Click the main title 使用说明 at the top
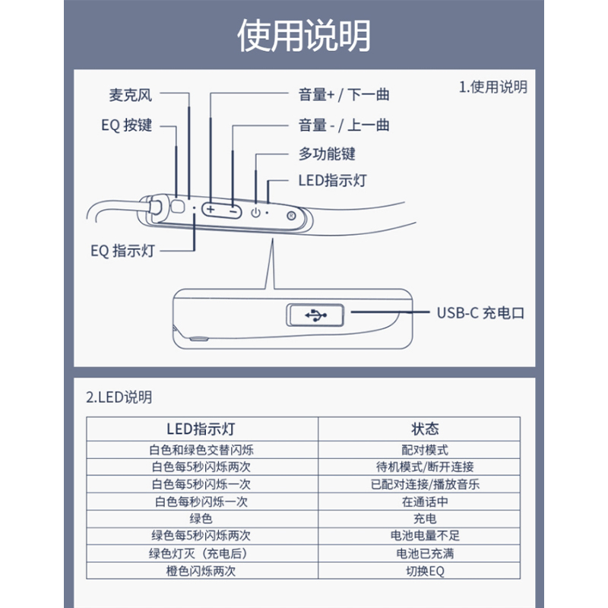[304, 36]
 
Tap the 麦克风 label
[131, 95]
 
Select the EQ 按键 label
[126, 125]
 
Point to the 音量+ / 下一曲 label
[344, 95]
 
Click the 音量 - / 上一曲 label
[344, 125]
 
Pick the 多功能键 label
[327, 154]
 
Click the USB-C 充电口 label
[480, 312]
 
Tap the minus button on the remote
[233, 209]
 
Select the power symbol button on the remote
[255, 212]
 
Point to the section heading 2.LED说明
[119, 397]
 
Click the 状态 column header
[425, 429]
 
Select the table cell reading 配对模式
[425, 450]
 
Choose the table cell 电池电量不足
[425, 536]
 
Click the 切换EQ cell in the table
[425, 571]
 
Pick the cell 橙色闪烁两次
[201, 571]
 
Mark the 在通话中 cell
[425, 502]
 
